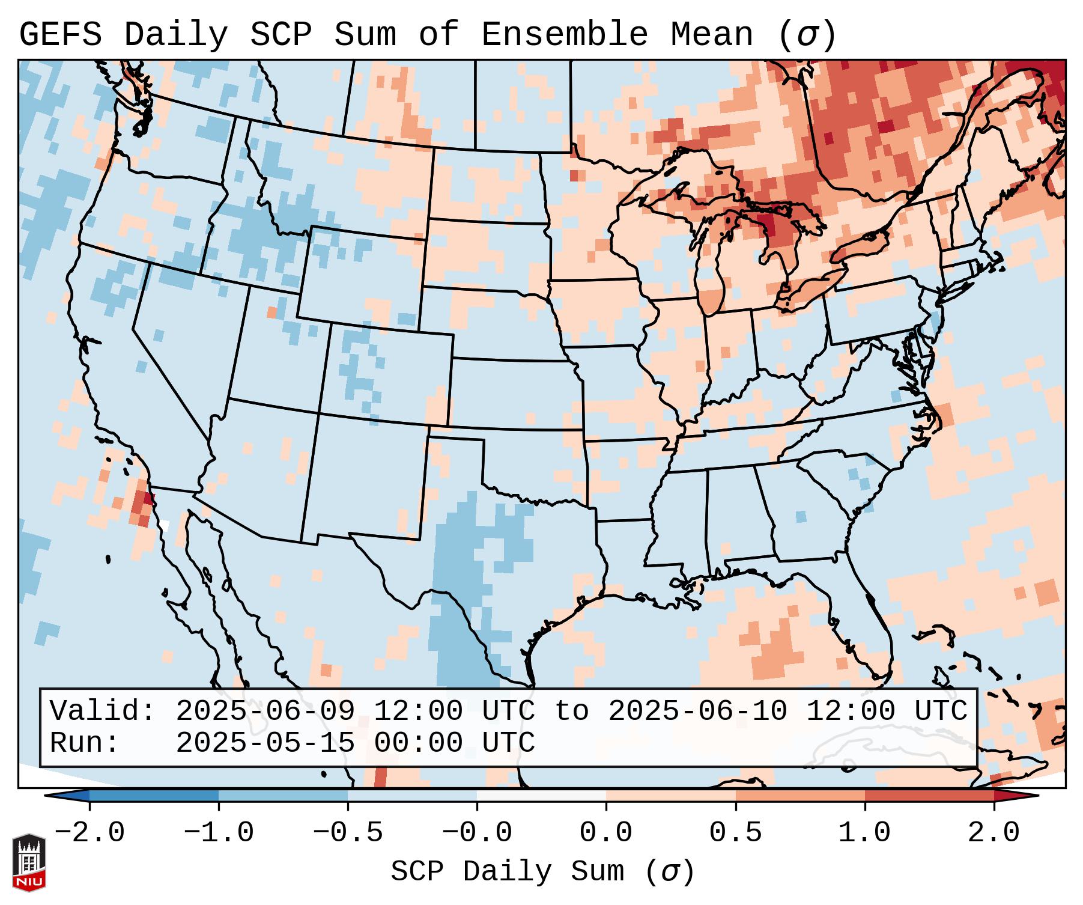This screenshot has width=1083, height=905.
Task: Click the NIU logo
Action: [29, 862]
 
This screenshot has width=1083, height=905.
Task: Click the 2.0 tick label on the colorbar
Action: [994, 833]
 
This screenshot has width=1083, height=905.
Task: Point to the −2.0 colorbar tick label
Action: [89, 833]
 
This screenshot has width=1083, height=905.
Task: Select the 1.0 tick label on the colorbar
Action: [864, 833]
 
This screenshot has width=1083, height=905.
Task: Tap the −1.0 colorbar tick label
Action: [219, 833]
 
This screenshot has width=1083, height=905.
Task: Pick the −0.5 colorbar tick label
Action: [348, 833]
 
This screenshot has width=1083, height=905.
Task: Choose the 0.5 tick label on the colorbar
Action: [735, 833]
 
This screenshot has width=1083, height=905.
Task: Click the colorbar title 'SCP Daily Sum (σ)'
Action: [542, 872]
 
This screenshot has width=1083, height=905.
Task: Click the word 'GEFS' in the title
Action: [61, 34]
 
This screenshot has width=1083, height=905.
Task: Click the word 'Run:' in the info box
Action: [85, 743]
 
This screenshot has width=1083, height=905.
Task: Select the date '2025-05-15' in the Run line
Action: [265, 743]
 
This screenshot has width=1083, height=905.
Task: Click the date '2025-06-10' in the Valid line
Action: [697, 711]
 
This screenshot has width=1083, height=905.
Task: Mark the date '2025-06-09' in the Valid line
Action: [265, 711]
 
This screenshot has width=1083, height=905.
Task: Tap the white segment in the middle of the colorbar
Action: [541, 796]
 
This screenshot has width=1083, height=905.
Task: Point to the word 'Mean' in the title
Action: [712, 34]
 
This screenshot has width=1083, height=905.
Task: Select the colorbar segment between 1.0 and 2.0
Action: [929, 796]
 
